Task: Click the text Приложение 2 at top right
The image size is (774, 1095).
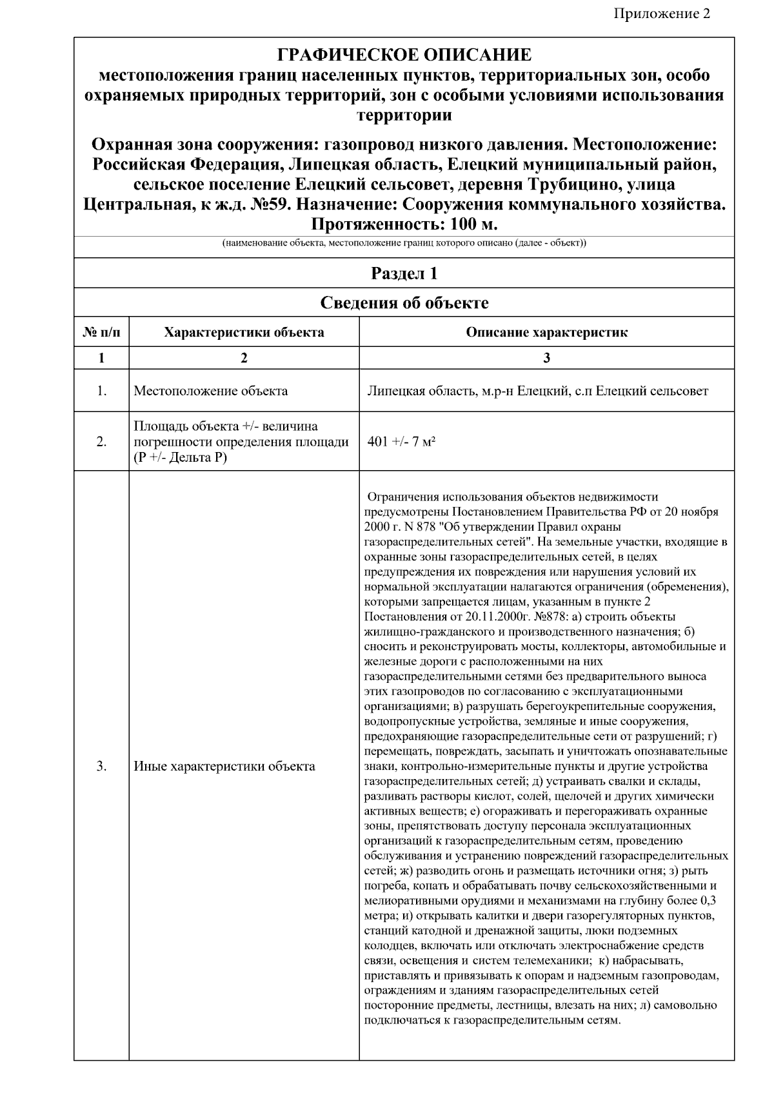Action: click(x=662, y=14)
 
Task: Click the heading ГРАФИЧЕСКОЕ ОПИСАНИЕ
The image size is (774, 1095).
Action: click(x=404, y=55)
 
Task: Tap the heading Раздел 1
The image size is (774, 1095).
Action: click(x=404, y=273)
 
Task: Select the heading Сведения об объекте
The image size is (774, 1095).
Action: click(x=404, y=302)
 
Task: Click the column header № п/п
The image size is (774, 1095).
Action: click(x=101, y=333)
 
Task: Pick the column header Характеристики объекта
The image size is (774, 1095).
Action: click(x=244, y=333)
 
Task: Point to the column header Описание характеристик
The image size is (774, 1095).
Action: click(x=546, y=333)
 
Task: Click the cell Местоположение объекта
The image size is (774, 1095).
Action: click(x=210, y=391)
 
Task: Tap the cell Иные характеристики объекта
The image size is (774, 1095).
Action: click(x=224, y=766)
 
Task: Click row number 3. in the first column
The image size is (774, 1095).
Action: click(x=101, y=766)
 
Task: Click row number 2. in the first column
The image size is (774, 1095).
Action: click(x=101, y=442)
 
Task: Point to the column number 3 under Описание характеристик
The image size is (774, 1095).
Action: click(x=546, y=358)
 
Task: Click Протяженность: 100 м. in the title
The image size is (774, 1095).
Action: click(x=404, y=224)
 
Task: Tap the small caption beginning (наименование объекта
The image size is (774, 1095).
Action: click(x=404, y=244)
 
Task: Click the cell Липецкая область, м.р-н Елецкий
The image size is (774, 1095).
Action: click(x=537, y=391)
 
